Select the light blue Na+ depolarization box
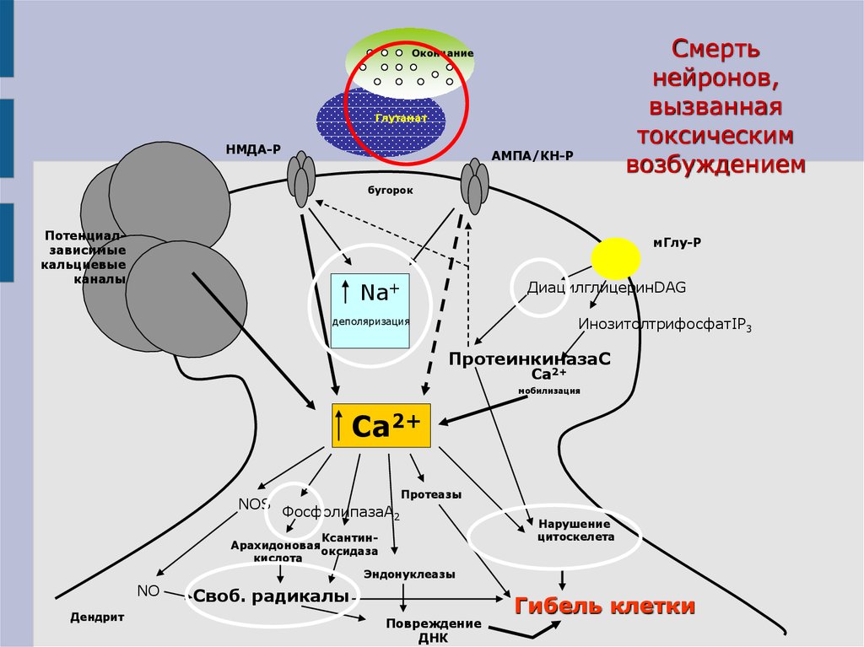(370, 310)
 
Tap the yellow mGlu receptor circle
(616, 259)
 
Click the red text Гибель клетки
(605, 606)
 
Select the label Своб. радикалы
(271, 596)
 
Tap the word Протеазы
(431, 494)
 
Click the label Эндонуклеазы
(409, 574)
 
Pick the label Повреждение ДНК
(434, 630)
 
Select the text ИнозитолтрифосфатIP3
(664, 325)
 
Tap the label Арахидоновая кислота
(275, 551)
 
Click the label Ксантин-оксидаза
(348, 544)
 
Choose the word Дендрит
(97, 617)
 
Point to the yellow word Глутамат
(401, 118)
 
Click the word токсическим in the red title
(714, 135)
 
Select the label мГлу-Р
(677, 243)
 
